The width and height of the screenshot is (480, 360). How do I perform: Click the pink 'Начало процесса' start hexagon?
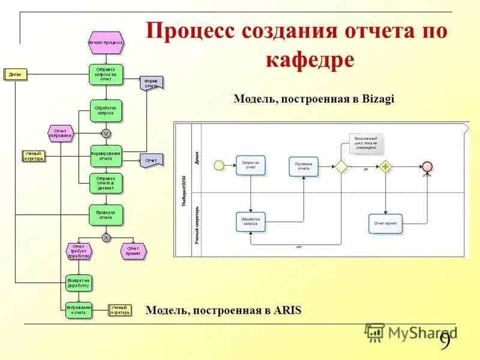tap(106, 43)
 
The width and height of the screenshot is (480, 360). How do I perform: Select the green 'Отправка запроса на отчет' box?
tap(106, 74)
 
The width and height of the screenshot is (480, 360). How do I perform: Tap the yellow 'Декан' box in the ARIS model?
tap(15, 74)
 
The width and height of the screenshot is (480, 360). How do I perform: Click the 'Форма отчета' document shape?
tap(151, 83)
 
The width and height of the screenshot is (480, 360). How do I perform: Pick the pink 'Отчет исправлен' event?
tap(60, 133)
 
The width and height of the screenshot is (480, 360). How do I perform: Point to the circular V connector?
tap(106, 133)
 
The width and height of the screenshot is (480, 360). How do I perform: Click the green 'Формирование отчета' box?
tap(106, 156)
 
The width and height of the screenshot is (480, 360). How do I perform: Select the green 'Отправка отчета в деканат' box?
tap(106, 183)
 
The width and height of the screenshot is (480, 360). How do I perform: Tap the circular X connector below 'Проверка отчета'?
tap(106, 237)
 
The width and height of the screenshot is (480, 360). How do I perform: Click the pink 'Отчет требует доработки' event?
tap(78, 250)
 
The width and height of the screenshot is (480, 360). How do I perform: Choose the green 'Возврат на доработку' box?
tap(79, 283)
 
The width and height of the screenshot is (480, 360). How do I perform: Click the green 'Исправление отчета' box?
tap(79, 310)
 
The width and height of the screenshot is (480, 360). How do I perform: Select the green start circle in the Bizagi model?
tap(219, 165)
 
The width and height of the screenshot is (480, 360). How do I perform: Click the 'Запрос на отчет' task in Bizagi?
tap(250, 165)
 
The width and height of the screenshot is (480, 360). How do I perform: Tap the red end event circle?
tap(427, 166)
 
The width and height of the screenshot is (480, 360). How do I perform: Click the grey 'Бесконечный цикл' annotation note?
tap(365, 143)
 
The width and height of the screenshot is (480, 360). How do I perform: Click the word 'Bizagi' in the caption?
tap(379, 99)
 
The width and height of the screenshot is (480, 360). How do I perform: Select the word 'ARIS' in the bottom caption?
tap(287, 310)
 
